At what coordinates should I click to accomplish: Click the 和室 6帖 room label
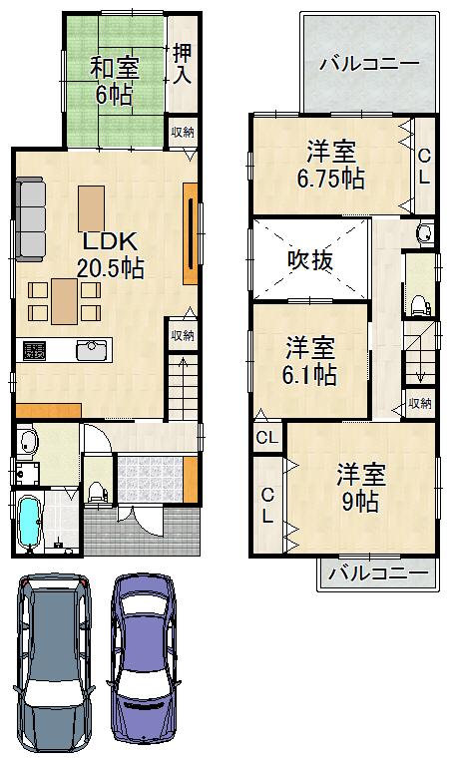point(116,81)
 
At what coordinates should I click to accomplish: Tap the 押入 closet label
point(183,64)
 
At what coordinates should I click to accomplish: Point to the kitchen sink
point(92,350)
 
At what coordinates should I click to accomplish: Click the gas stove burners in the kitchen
point(36,351)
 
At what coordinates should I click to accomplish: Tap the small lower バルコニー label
point(377,573)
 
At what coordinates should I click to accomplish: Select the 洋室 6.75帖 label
point(329,166)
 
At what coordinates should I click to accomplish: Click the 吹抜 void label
point(310,258)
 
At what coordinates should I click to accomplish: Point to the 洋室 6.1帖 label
point(310,362)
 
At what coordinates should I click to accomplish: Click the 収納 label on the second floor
point(420,403)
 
